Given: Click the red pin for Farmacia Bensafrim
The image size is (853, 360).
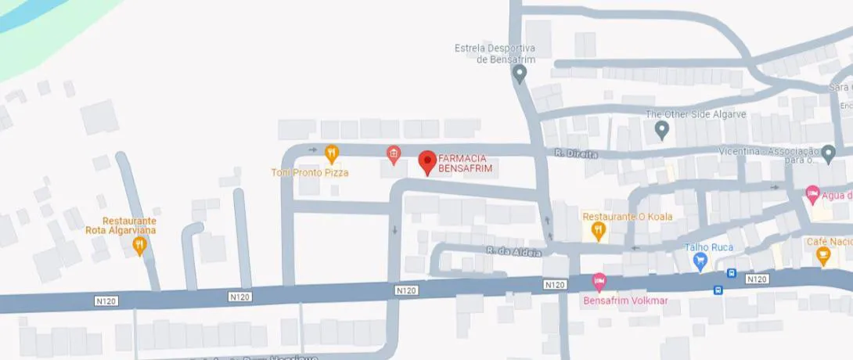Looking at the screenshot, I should (x=427, y=161).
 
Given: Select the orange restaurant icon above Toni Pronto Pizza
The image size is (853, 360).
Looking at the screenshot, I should (x=332, y=153).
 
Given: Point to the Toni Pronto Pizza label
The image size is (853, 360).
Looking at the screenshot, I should (x=310, y=172).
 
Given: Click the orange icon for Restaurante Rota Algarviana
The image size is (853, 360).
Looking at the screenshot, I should (x=139, y=246).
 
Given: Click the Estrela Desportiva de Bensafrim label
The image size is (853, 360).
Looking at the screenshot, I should (x=494, y=53).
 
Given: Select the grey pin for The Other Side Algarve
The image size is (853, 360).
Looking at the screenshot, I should (x=662, y=130).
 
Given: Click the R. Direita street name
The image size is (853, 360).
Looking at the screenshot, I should (x=575, y=154).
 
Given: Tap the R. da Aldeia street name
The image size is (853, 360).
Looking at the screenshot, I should (x=504, y=251).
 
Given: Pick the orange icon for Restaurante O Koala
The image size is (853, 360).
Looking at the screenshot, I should (x=599, y=230).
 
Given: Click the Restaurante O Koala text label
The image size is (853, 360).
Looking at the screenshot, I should (x=628, y=216).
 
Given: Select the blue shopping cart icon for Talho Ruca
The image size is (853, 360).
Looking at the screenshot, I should (x=701, y=261).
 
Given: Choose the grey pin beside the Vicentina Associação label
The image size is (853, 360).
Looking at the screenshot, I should (x=829, y=153).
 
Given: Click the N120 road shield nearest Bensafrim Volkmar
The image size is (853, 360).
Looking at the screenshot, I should (x=554, y=284).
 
